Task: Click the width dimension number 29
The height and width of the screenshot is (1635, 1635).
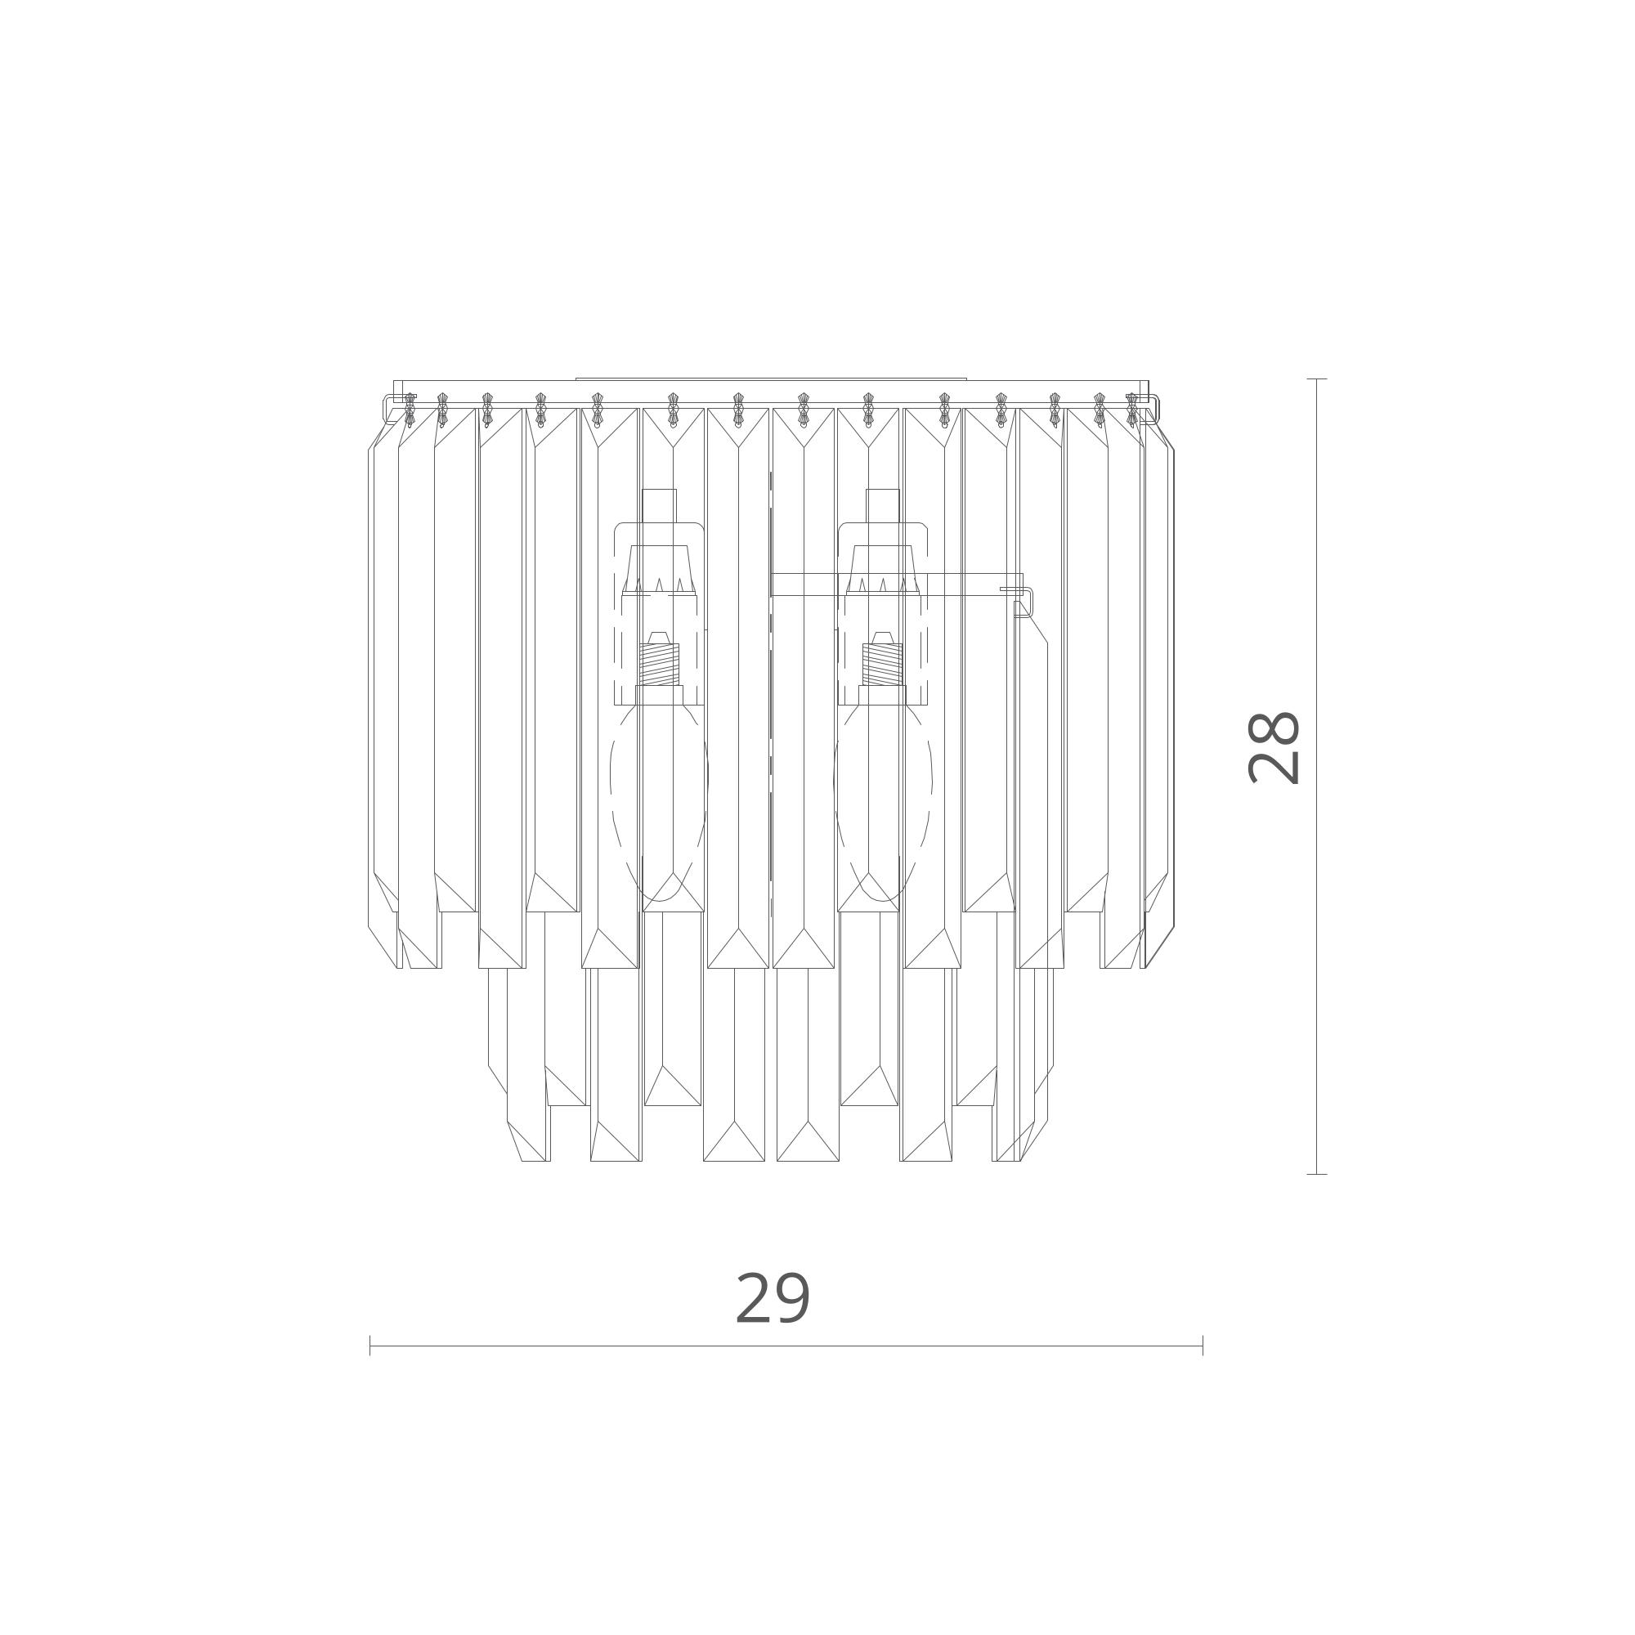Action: pyautogui.click(x=773, y=1298)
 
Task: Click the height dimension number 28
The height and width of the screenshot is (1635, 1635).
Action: pyautogui.click(x=1273, y=747)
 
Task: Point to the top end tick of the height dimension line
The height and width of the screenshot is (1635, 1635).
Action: pyautogui.click(x=1316, y=379)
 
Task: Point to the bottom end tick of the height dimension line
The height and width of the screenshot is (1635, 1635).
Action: pyautogui.click(x=1316, y=1174)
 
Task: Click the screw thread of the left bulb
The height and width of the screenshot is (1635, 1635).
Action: pyautogui.click(x=660, y=665)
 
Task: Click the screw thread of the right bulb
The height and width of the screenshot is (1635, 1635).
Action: pyautogui.click(x=883, y=665)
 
